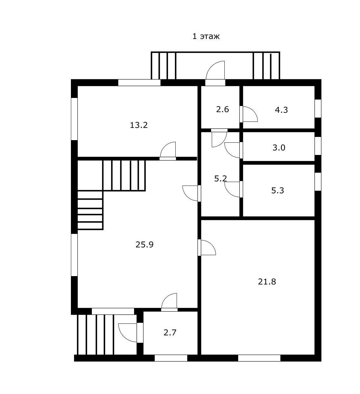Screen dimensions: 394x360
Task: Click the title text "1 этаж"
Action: pyautogui.click(x=206, y=36)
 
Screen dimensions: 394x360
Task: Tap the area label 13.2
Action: pyautogui.click(x=139, y=125)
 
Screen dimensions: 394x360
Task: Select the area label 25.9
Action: pyautogui.click(x=144, y=245)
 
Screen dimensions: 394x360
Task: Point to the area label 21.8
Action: pyautogui.click(x=267, y=282)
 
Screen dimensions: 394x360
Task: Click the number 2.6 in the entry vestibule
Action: pyautogui.click(x=222, y=109)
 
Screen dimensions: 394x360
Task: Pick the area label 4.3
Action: pyautogui.click(x=281, y=110)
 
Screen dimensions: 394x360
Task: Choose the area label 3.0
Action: pyautogui.click(x=279, y=148)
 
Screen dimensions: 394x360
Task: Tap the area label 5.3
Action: pyautogui.click(x=277, y=190)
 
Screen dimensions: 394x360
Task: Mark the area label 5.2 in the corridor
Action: pyautogui.click(x=220, y=178)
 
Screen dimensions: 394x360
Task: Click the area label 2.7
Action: pyautogui.click(x=170, y=332)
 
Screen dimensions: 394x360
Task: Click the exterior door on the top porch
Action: pyautogui.click(x=215, y=72)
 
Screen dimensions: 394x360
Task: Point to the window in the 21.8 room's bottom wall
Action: pyautogui.click(x=259, y=358)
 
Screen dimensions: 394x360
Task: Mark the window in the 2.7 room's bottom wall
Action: pyautogui.click(x=171, y=358)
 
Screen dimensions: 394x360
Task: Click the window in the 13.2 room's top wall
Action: pyautogui.click(x=139, y=82)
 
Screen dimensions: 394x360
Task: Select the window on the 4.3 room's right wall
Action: pyautogui.click(x=318, y=109)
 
